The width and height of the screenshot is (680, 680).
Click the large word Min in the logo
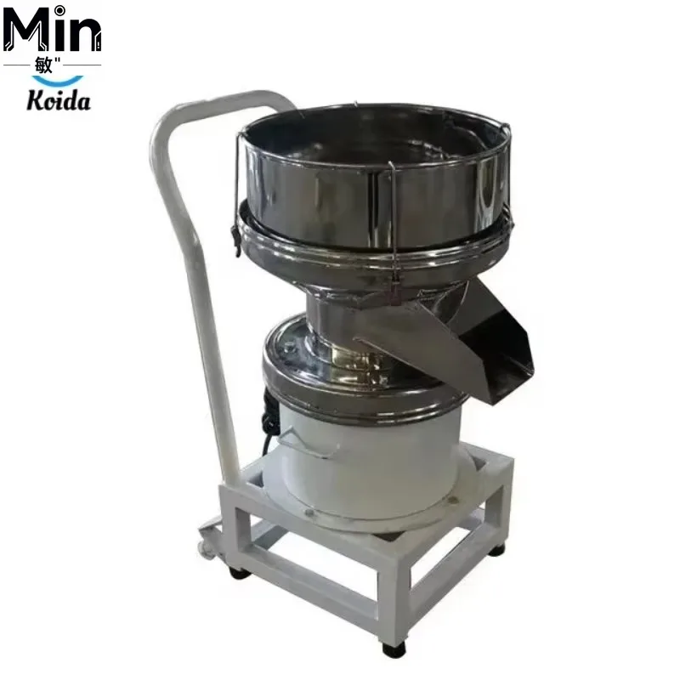pos(52,30)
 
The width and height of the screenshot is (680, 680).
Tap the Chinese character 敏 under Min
pos(43,65)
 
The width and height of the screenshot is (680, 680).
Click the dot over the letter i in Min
pos(59,9)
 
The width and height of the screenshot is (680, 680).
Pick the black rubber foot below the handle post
pos(239,573)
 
